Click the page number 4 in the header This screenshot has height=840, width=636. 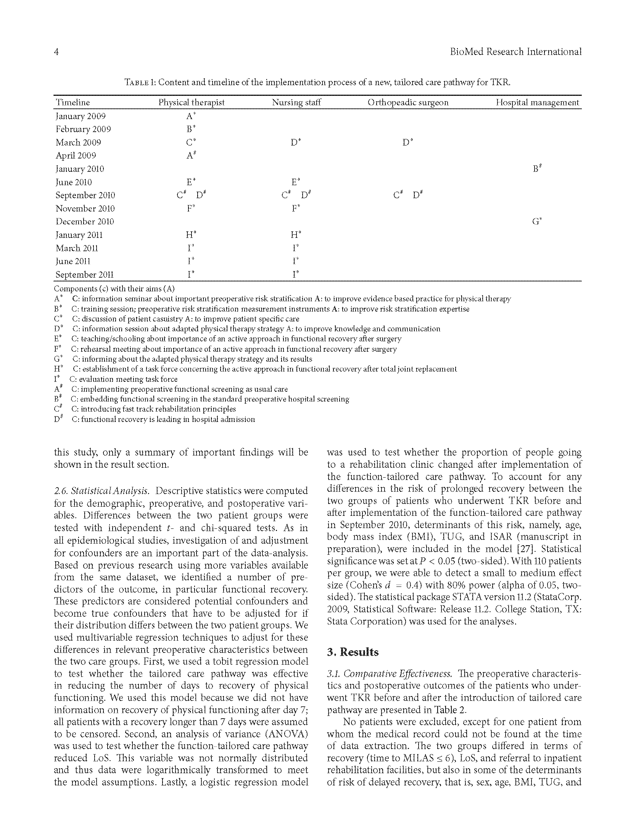pyautogui.click(x=56, y=52)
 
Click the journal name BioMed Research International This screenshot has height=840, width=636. pyautogui.click(x=515, y=52)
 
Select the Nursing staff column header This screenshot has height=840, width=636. pyautogui.click(x=296, y=102)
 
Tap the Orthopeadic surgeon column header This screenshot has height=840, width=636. pyautogui.click(x=408, y=102)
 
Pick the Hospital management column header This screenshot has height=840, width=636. pyautogui.click(x=537, y=102)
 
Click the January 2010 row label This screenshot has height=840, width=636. pyautogui.click(x=80, y=169)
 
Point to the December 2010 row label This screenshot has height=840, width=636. pyautogui.click(x=85, y=221)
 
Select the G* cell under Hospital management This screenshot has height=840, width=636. pyautogui.click(x=537, y=221)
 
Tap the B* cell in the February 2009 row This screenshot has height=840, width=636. pyautogui.click(x=191, y=129)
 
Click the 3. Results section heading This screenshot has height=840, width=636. pyautogui.click(x=353, y=652)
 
